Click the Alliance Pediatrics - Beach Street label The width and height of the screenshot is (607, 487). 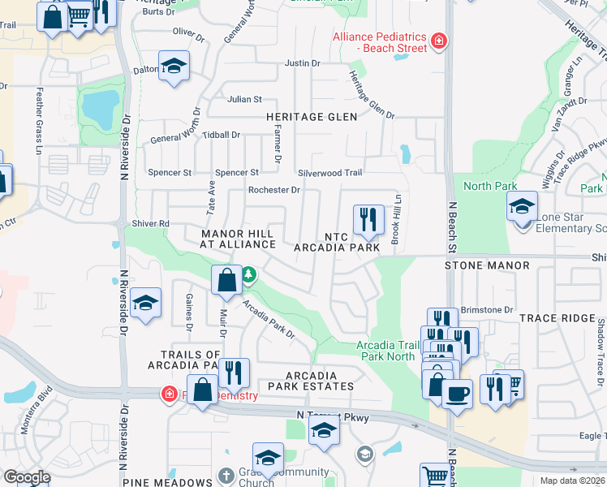click(x=379, y=42)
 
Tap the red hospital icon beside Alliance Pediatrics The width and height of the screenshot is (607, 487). click(x=439, y=41)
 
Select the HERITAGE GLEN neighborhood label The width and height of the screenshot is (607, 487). click(x=312, y=117)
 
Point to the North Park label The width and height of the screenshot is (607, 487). click(x=484, y=186)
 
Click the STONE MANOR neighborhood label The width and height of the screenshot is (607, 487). click(x=487, y=265)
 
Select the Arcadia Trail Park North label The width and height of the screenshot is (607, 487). click(x=386, y=351)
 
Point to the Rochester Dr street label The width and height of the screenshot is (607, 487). click(x=274, y=190)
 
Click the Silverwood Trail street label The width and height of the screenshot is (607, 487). click(x=329, y=173)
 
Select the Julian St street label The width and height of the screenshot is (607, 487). click(x=244, y=99)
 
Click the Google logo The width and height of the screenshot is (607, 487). click(x=26, y=476)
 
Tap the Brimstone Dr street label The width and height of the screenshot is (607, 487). click(x=487, y=310)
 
